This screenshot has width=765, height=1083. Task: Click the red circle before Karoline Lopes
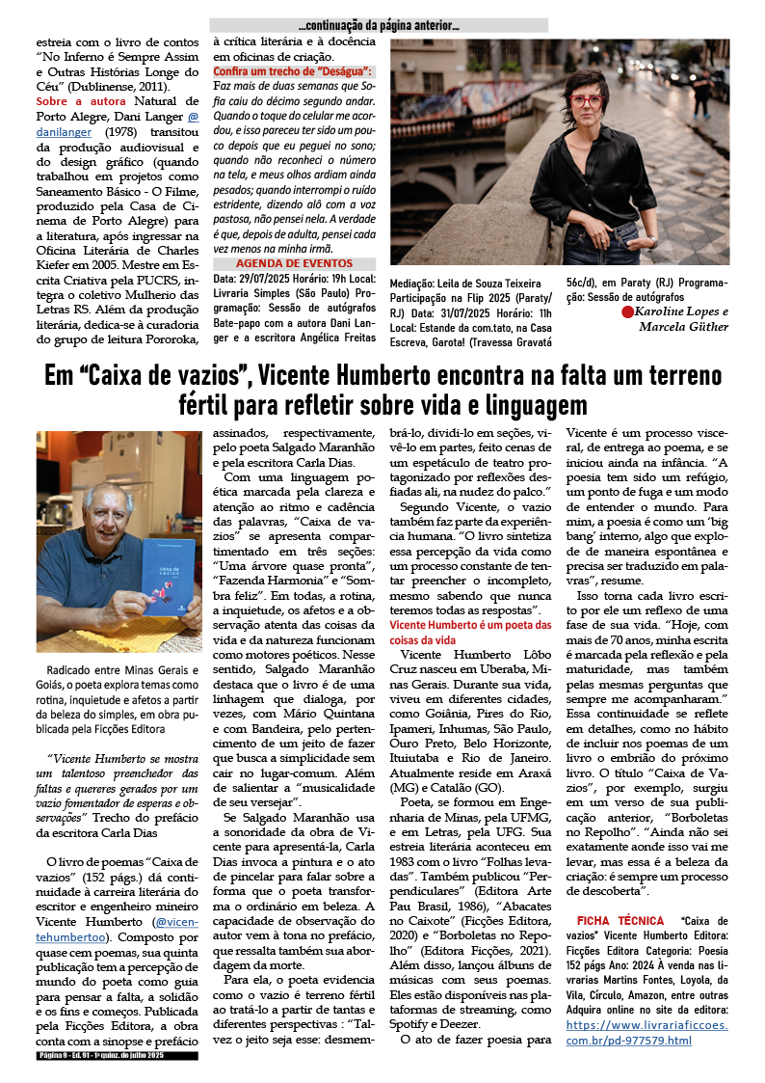tap(627, 311)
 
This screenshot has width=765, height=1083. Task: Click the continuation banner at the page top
tap(379, 25)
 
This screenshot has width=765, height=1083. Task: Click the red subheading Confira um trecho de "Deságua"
tap(293, 71)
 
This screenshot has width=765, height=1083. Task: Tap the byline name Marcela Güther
tap(683, 326)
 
